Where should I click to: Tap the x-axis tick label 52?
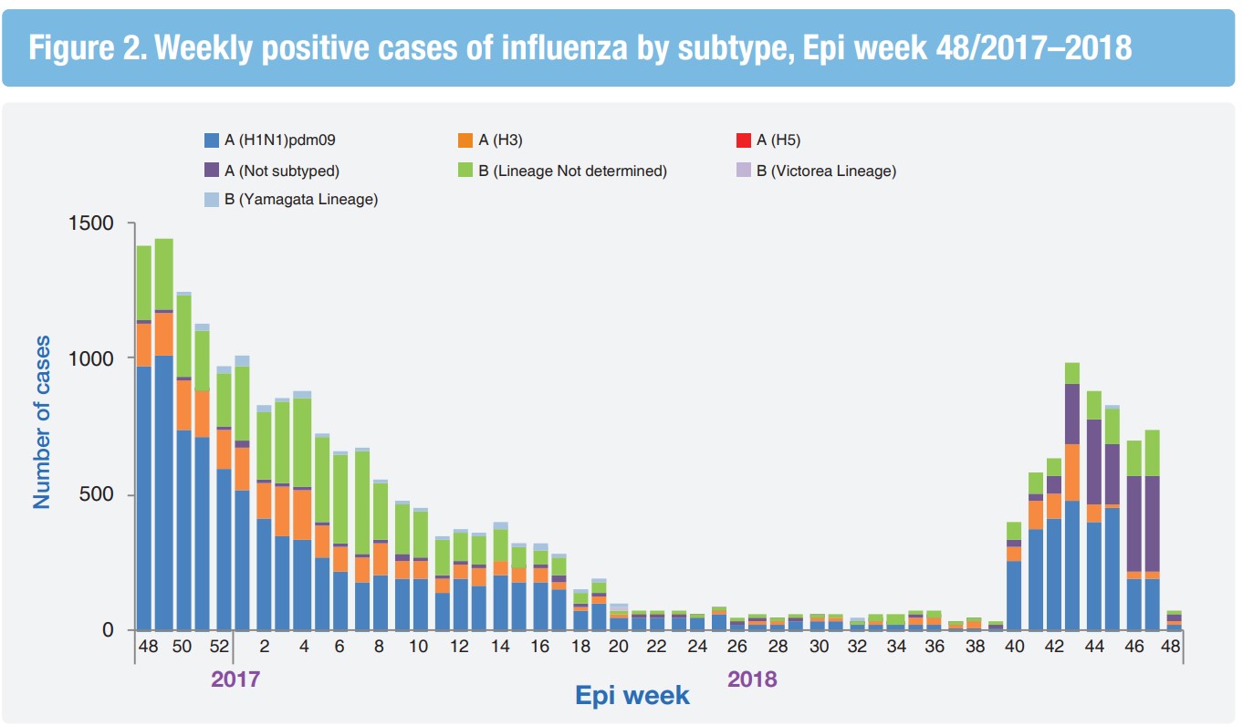(x=219, y=647)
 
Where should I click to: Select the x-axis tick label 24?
(x=697, y=647)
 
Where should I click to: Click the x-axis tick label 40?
(x=1014, y=647)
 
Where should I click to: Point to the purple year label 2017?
(x=236, y=679)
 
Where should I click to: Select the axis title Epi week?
(x=632, y=696)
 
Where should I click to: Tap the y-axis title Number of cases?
(x=42, y=421)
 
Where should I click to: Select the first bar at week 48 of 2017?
(x=143, y=438)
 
